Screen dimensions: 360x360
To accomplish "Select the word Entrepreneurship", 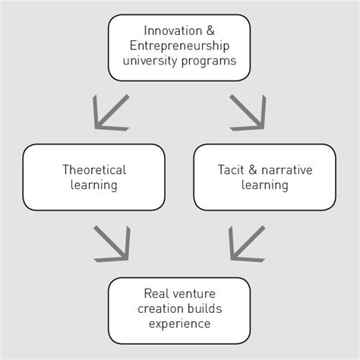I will point(179,47).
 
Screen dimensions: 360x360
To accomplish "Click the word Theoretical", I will point(94,170).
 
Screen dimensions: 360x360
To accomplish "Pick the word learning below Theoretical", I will point(94,185).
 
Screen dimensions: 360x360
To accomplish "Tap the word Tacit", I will point(230,170).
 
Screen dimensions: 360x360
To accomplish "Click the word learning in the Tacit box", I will point(264,185).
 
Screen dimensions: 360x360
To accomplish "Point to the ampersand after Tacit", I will point(251,170).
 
